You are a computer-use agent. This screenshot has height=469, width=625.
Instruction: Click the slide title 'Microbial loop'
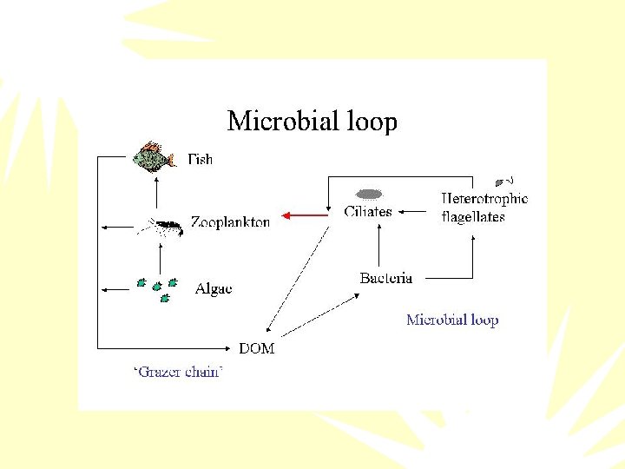tap(312, 121)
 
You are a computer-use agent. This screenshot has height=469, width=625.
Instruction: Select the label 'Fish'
tap(201, 159)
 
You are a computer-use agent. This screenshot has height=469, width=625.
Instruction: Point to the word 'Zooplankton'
tap(230, 222)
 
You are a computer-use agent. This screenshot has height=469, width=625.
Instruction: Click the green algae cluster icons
tap(158, 289)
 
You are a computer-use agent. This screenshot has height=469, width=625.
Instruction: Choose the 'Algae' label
tap(214, 288)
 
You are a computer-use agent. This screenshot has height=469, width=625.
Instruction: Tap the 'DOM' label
tap(256, 348)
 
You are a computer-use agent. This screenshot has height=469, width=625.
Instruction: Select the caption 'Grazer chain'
tap(178, 373)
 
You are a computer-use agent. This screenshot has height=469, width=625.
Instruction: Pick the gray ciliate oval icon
tap(370, 194)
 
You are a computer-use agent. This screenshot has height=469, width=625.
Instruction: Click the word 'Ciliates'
tap(368, 211)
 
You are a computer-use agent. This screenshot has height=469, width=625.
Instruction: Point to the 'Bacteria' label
tap(386, 278)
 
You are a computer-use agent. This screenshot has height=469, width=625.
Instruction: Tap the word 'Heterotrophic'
tap(484, 199)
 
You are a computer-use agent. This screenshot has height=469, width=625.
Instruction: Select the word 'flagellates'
tap(473, 217)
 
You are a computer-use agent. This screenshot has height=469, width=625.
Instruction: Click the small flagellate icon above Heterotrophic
tap(501, 182)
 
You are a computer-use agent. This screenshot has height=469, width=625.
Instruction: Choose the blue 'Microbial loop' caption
tap(452, 320)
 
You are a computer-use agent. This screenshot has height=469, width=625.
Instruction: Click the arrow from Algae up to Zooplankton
tap(160, 258)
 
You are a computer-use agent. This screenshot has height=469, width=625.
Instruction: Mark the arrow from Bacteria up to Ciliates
tap(379, 245)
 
